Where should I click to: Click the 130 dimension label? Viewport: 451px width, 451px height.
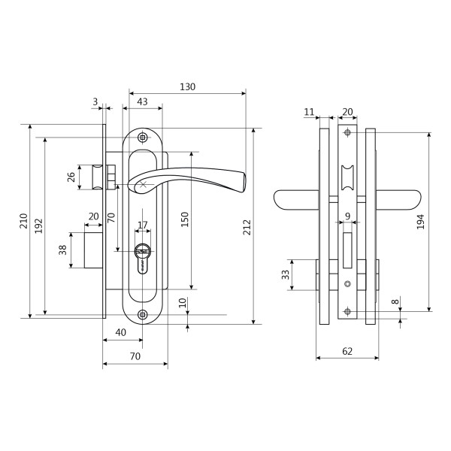click(187, 86)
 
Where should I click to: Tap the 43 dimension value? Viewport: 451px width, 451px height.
click(142, 101)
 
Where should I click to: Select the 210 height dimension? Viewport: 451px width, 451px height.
click(23, 221)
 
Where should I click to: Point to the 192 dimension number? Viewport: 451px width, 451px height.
click(38, 226)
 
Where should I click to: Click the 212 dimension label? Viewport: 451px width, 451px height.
click(247, 227)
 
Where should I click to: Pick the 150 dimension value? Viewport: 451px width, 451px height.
click(184, 219)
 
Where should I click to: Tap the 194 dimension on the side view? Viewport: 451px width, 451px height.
click(420, 222)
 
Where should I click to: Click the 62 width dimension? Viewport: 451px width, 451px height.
click(347, 351)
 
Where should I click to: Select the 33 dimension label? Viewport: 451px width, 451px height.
click(285, 274)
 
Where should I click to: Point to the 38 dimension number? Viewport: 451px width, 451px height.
click(62, 250)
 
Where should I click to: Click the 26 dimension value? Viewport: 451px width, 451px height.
click(71, 177)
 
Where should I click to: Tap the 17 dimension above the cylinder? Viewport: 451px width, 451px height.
click(143, 225)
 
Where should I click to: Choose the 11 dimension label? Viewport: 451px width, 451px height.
click(309, 111)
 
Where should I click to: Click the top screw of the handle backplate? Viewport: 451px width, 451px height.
click(143, 138)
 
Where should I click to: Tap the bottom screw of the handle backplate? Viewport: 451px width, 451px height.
click(143, 314)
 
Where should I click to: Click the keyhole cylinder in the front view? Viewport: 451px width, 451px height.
click(143, 258)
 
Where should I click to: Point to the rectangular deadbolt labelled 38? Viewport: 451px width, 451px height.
click(93, 250)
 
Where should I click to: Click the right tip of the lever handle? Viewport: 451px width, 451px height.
click(245, 182)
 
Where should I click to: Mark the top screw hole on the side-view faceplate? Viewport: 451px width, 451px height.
click(348, 132)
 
